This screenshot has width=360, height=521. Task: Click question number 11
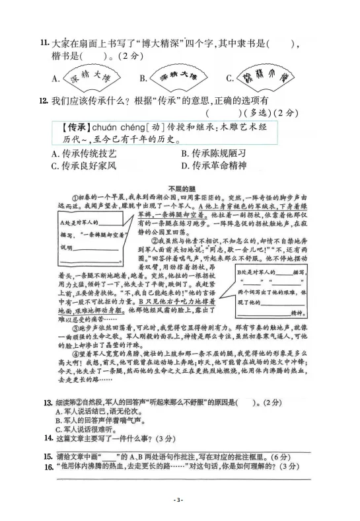pyautogui.click(x=44, y=43)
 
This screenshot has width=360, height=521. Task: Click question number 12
pyautogui.click(x=44, y=100)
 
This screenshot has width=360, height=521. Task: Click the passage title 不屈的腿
pyautogui.click(x=179, y=186)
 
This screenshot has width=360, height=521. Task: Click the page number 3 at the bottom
pyautogui.click(x=179, y=501)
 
